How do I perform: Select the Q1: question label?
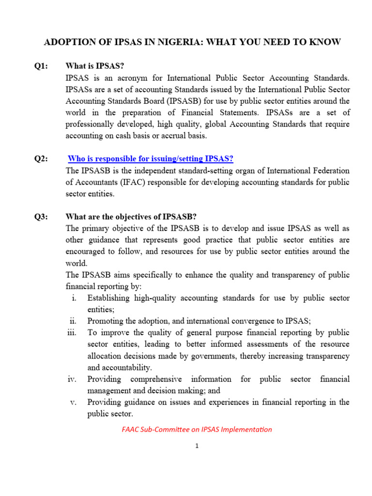[41, 66]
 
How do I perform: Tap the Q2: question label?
[41, 159]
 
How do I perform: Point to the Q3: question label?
[41, 217]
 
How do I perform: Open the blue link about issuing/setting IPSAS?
[151, 159]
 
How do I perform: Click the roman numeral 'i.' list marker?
[74, 298]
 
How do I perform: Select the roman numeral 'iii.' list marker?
[72, 333]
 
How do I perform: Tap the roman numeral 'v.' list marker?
[73, 403]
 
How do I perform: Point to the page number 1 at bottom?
[197, 446]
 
